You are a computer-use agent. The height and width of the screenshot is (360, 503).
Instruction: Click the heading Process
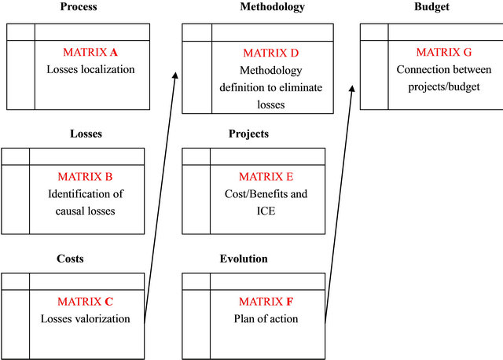[x=79, y=7]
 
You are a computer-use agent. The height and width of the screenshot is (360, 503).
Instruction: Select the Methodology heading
[x=273, y=7]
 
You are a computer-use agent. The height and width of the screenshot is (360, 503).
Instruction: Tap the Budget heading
[x=431, y=7]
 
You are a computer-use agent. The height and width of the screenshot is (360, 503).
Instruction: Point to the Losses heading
[x=86, y=134]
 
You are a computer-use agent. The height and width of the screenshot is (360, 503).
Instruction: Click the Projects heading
[x=248, y=134]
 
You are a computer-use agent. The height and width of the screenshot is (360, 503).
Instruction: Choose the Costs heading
[x=70, y=259]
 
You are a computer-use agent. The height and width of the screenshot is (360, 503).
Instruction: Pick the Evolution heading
[x=244, y=259]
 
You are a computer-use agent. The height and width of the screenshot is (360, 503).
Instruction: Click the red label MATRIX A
[x=90, y=52]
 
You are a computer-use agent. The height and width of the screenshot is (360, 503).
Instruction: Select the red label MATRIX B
[x=86, y=177]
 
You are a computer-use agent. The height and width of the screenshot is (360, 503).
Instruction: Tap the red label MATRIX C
[x=86, y=302]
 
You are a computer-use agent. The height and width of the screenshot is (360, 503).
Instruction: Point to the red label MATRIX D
[x=271, y=53]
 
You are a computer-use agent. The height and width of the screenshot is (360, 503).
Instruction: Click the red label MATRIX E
[x=266, y=177]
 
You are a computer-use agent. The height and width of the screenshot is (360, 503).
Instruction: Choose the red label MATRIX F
[x=266, y=302]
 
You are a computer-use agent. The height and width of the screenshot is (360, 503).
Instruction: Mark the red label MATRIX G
[x=444, y=52]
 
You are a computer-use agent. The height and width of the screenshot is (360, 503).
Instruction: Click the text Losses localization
[x=91, y=69]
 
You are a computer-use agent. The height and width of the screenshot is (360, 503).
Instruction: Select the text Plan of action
[x=266, y=318]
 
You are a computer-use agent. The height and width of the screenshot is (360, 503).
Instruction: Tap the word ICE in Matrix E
[x=266, y=211]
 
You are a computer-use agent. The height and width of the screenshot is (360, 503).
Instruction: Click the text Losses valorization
[x=86, y=318]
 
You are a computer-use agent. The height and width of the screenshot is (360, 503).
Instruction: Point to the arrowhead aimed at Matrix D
[x=175, y=75]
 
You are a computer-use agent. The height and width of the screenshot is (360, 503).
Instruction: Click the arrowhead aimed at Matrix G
[x=352, y=89]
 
